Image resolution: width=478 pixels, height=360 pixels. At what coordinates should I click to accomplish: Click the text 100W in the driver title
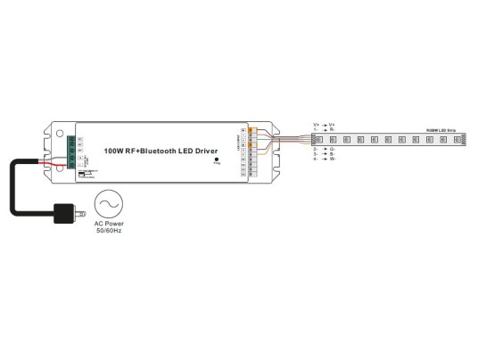click(114, 151)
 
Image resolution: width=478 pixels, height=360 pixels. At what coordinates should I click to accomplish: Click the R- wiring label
click(332, 130)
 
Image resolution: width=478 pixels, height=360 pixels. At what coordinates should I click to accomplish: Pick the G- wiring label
click(332, 148)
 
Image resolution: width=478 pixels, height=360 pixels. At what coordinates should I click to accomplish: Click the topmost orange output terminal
click(251, 132)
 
